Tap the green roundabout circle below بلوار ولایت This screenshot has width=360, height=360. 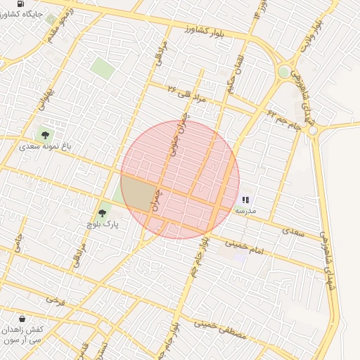[x=284, y=72]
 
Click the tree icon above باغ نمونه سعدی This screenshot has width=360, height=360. [x=46, y=134]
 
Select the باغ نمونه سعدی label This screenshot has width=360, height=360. [x=41, y=147]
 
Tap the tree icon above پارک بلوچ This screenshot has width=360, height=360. [x=102, y=212]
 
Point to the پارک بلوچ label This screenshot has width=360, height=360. [x=100, y=224]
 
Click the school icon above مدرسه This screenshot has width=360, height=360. [x=245, y=200]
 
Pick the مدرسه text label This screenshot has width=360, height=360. [x=245, y=210]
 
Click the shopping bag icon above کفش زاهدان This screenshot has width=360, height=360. [x=22, y=318]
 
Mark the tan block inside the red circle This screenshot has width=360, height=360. [x=138, y=193]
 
